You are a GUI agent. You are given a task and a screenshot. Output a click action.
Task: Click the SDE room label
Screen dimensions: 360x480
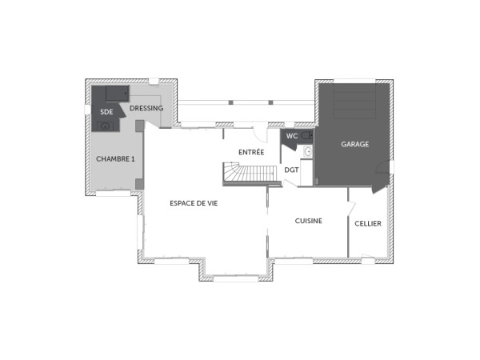(106, 112)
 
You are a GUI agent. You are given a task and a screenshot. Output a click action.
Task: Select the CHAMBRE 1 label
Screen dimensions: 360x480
(115, 158)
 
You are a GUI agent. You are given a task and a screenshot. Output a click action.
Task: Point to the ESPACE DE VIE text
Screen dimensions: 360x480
(194, 203)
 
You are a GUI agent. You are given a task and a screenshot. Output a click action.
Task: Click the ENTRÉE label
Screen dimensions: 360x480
(251, 151)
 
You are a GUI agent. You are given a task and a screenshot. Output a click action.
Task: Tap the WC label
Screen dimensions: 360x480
(292, 136)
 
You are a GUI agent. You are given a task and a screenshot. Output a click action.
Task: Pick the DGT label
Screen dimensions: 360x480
(291, 170)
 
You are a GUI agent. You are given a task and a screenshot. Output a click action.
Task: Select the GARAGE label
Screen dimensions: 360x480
(354, 144)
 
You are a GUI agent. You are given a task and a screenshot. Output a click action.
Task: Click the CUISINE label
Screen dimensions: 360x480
(308, 221)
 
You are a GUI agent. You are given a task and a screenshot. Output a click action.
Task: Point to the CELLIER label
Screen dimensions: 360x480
(368, 223)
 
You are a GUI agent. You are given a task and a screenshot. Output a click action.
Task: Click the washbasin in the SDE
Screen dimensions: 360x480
(105, 126)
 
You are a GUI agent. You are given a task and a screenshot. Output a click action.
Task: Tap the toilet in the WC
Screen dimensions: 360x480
(307, 136)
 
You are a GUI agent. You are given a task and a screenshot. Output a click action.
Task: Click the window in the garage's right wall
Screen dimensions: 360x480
(391, 166)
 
